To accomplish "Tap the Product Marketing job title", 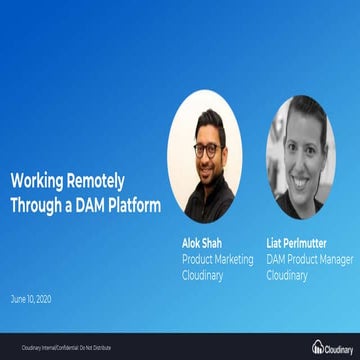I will click(x=217, y=259).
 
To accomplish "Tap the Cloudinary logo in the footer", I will click(x=332, y=347).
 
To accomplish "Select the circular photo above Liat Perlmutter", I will click(x=302, y=158).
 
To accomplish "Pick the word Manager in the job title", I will click(x=339, y=259).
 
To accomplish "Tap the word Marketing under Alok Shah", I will click(x=234, y=259).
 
